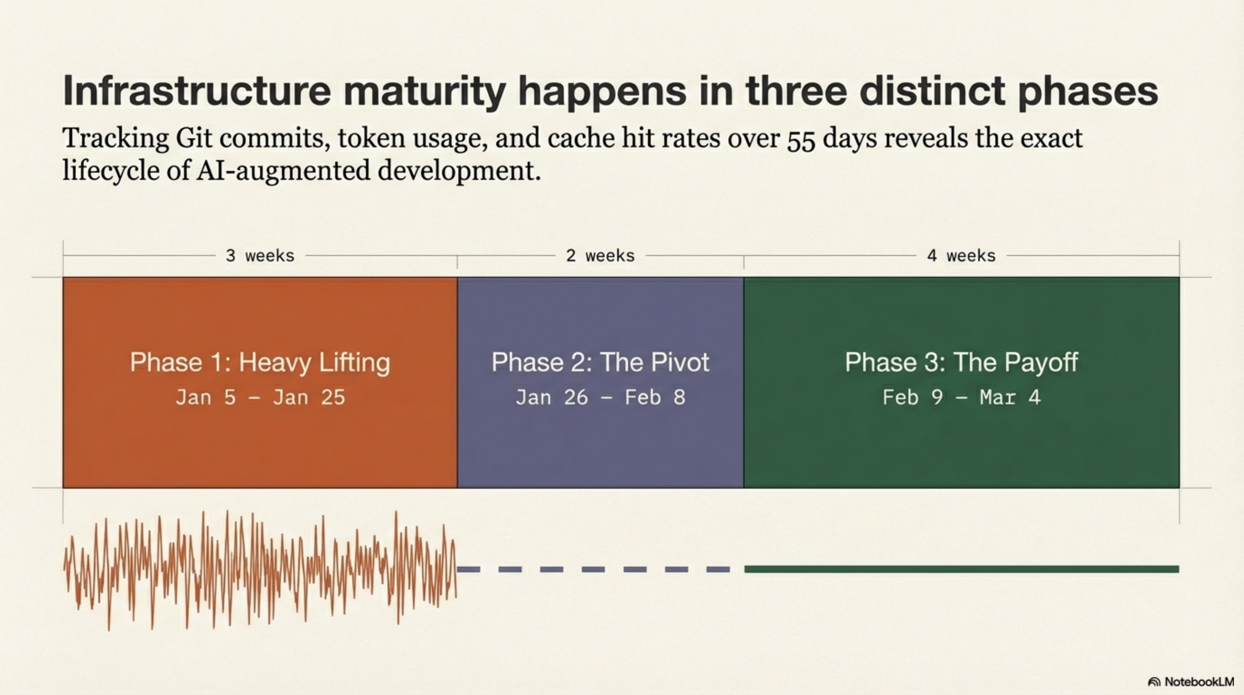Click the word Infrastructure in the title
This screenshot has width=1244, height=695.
pos(197,90)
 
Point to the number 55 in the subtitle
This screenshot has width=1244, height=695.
pos(801,139)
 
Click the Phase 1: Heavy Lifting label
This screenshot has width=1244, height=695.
pos(260,362)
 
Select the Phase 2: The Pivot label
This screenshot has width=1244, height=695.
pos(600,362)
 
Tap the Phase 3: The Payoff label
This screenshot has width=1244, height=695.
pos(961,362)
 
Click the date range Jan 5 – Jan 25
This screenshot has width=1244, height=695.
pos(260,398)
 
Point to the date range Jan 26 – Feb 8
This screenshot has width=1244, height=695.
pos(600,398)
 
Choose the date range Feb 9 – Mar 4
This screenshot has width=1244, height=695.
pos(961,398)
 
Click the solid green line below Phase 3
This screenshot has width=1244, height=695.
pos(961,569)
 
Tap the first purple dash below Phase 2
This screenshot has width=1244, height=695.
pos(469,569)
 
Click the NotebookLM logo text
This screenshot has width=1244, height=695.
pos(1198,682)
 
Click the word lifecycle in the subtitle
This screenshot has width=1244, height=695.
pos(111,171)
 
